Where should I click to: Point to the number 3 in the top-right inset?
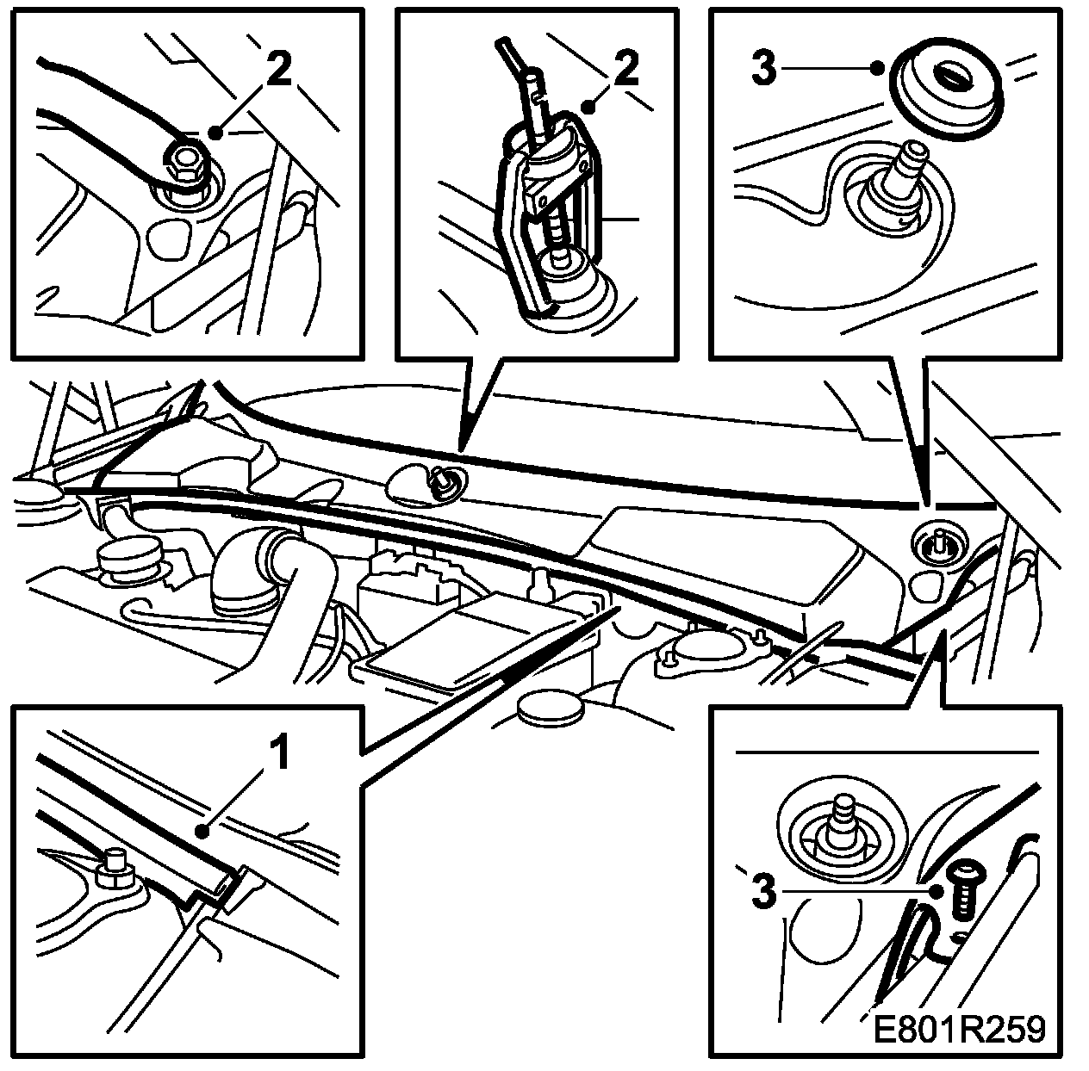[x=764, y=70]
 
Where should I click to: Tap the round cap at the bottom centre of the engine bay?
[x=548, y=709]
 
